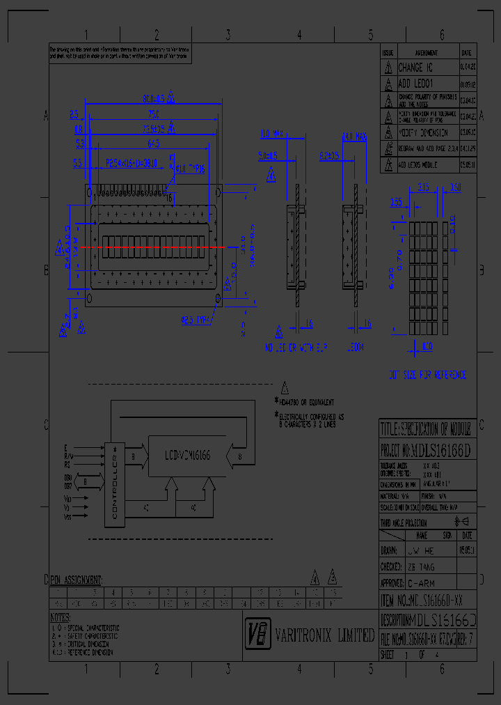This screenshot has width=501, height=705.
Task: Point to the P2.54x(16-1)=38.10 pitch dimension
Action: (x=132, y=163)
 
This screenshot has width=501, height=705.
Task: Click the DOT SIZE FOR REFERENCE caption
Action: (x=427, y=375)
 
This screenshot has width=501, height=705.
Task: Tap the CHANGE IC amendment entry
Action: (x=415, y=68)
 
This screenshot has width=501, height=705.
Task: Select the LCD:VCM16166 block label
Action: (x=187, y=456)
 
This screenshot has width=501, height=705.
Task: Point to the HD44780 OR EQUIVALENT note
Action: (x=307, y=402)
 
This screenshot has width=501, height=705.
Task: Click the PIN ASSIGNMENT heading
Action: (x=77, y=580)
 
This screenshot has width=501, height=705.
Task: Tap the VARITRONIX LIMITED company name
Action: (x=324, y=635)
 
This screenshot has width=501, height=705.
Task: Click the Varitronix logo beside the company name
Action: (x=257, y=633)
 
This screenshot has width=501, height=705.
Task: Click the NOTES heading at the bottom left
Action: (x=60, y=617)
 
